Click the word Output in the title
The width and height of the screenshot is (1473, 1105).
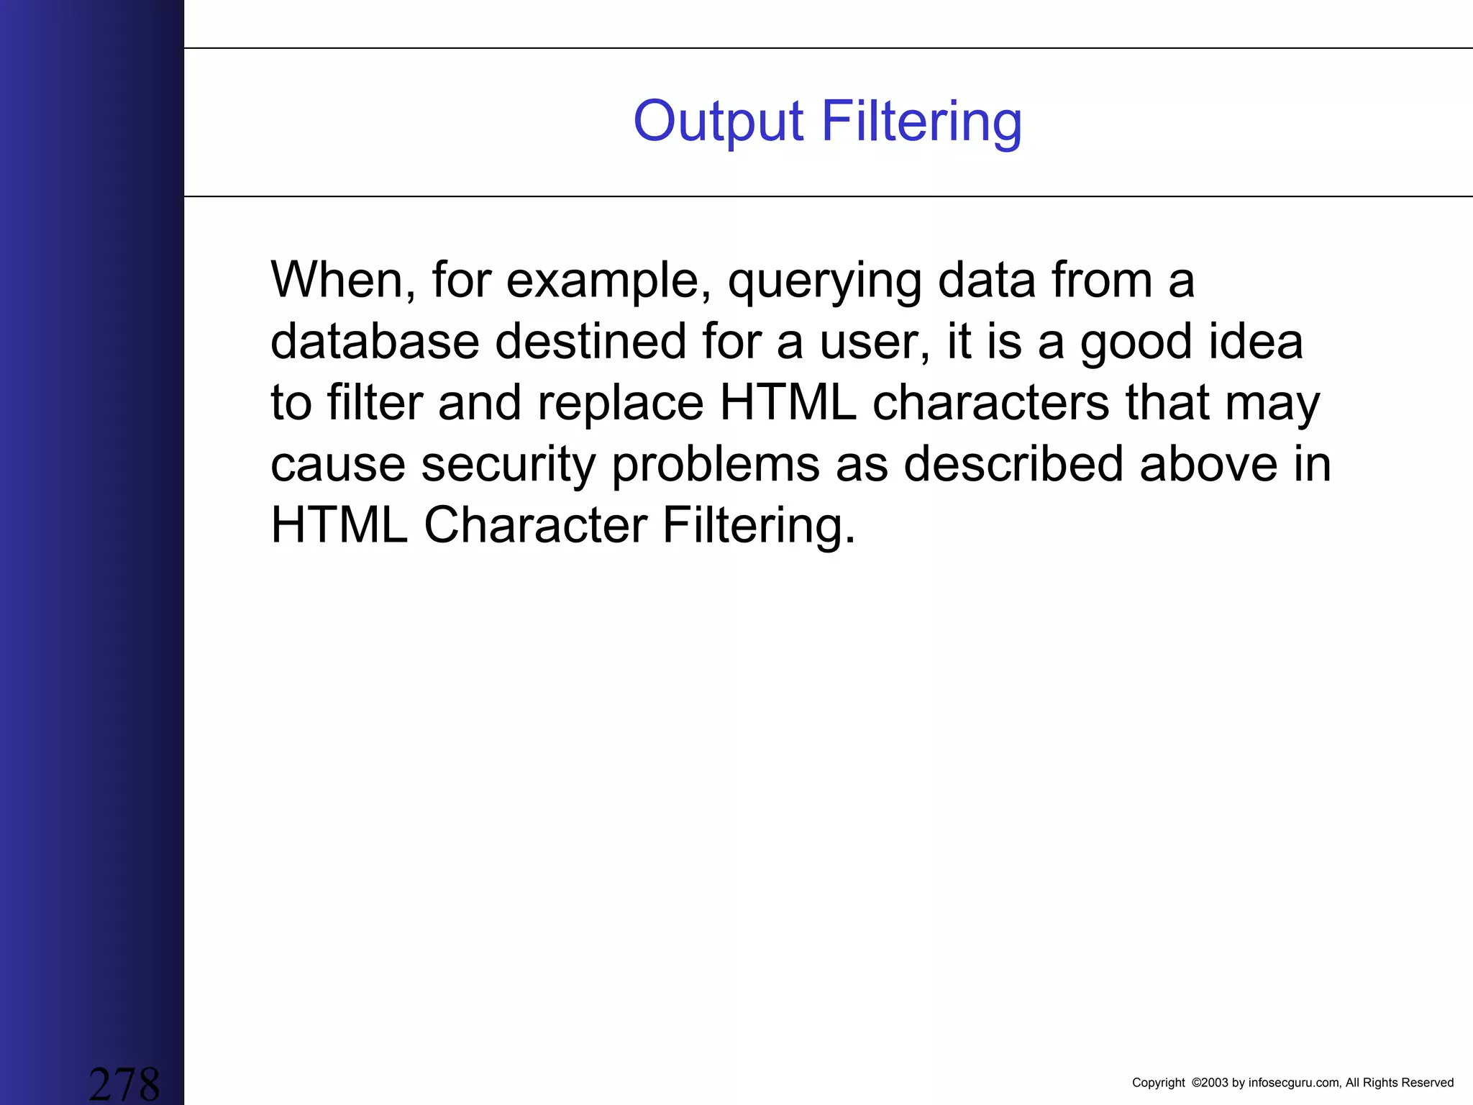[x=717, y=122]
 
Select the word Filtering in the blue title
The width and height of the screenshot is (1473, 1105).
[x=921, y=122]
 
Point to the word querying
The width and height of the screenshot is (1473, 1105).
[x=825, y=281]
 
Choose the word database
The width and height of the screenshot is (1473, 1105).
[x=375, y=341]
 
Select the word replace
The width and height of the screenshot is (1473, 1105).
[x=620, y=403]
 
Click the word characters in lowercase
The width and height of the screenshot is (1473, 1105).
[x=991, y=402]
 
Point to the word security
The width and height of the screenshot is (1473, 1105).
[x=508, y=465]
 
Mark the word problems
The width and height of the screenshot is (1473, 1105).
[x=716, y=465]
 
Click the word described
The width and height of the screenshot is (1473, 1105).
[x=1013, y=463]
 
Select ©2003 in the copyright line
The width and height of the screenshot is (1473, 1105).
[x=1210, y=1083]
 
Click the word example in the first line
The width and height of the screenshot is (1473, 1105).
[x=603, y=281]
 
